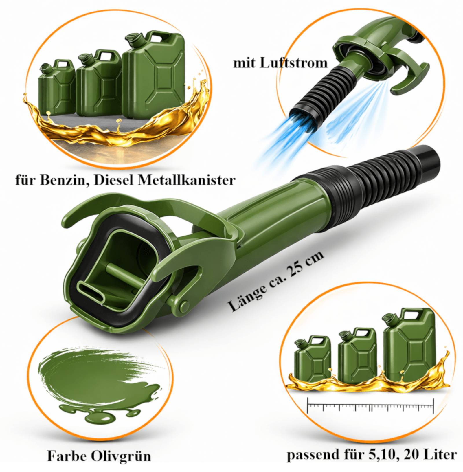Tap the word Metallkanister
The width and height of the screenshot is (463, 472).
(186, 180)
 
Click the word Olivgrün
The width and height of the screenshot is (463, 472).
(121, 456)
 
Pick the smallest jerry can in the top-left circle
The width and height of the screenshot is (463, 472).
(57, 88)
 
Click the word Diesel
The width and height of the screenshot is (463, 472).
(114, 180)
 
